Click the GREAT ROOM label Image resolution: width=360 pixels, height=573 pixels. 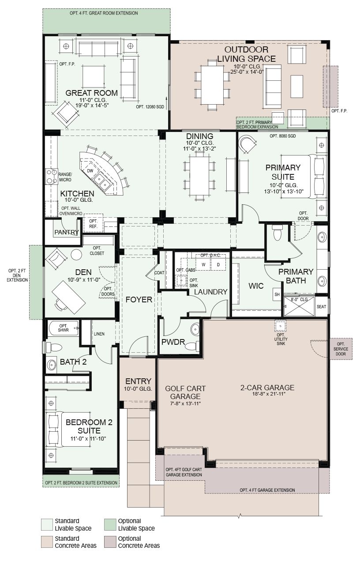91,93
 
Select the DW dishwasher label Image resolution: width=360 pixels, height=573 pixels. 90,171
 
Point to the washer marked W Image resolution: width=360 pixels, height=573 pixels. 203,264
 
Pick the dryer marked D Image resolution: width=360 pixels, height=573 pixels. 218,264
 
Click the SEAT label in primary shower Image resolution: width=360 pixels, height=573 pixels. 321,307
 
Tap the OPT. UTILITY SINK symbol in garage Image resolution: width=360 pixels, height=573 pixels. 281,326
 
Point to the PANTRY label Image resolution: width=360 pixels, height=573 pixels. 67,232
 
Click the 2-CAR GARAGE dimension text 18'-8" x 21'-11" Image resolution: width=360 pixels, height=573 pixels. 269,394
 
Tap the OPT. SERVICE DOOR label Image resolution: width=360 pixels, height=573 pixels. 341,349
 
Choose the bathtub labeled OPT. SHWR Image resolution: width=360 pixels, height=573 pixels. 63,328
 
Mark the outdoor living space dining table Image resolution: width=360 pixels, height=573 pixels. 212,85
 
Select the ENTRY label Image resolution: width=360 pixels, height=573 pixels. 138,381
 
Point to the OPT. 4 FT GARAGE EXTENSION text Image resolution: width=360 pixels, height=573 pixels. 267,490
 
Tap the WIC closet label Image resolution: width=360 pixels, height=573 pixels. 256,286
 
